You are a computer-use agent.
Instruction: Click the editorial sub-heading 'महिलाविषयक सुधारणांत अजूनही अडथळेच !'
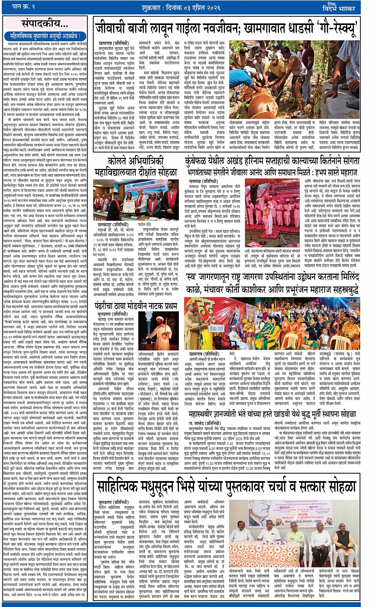click(45, 36)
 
